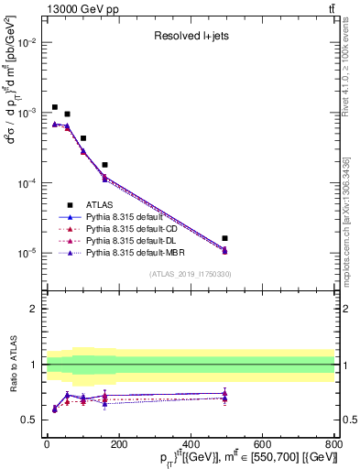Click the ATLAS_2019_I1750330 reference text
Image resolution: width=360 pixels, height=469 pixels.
click(191, 274)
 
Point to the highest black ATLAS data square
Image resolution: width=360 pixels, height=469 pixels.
click(55, 107)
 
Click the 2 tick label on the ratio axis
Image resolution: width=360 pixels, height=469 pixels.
click(35, 309)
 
